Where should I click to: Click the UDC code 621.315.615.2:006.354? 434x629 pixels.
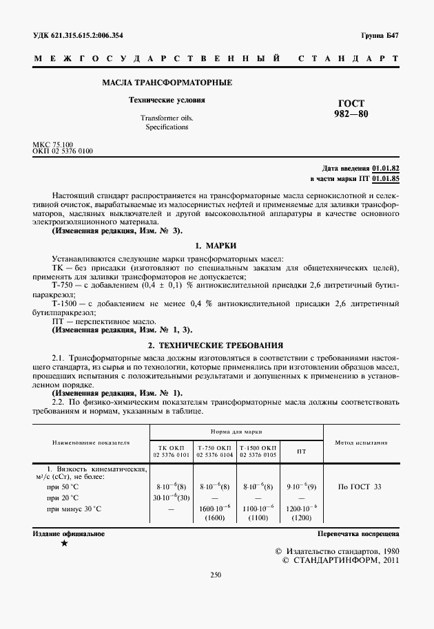coord(90,35)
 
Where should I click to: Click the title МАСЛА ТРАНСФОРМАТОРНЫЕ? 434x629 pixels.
coord(167,83)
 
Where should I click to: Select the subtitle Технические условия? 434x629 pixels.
coord(167,100)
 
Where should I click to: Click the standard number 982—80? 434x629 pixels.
coord(351,114)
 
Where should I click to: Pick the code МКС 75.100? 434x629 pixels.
coord(53,144)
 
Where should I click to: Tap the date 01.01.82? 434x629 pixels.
coord(386,168)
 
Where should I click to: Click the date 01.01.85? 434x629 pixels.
coord(386,178)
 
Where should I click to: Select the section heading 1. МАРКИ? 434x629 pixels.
coord(216,246)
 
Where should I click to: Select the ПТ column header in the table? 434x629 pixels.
coord(301,451)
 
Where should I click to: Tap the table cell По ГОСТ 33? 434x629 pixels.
coord(360,487)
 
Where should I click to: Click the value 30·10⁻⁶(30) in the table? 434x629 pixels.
coord(171,498)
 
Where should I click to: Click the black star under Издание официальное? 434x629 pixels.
coord(64,544)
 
